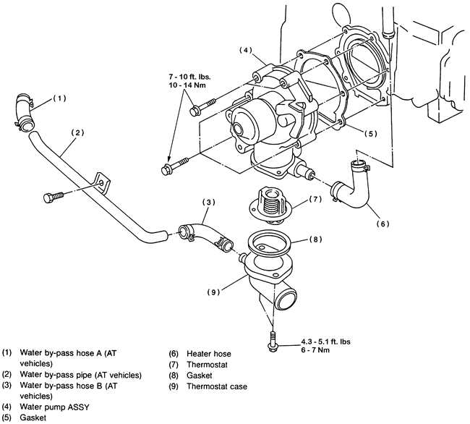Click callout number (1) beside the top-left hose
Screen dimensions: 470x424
click(59, 98)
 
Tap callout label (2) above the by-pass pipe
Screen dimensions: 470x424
click(77, 132)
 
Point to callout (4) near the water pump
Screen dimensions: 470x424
click(246, 50)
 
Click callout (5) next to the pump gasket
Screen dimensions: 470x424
click(371, 134)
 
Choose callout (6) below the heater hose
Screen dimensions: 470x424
click(383, 224)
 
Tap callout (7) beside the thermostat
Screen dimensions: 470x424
click(315, 199)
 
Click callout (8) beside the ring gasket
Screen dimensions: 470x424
click(316, 239)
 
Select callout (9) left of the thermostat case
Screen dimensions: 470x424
click(213, 292)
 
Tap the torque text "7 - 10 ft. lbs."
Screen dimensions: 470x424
click(189, 77)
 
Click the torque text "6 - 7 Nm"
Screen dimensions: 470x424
click(315, 350)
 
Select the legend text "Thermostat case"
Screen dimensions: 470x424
click(217, 386)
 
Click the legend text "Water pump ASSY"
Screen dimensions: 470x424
click(54, 407)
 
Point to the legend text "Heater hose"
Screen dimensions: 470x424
click(209, 354)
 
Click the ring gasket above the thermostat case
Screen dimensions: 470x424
click(268, 240)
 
